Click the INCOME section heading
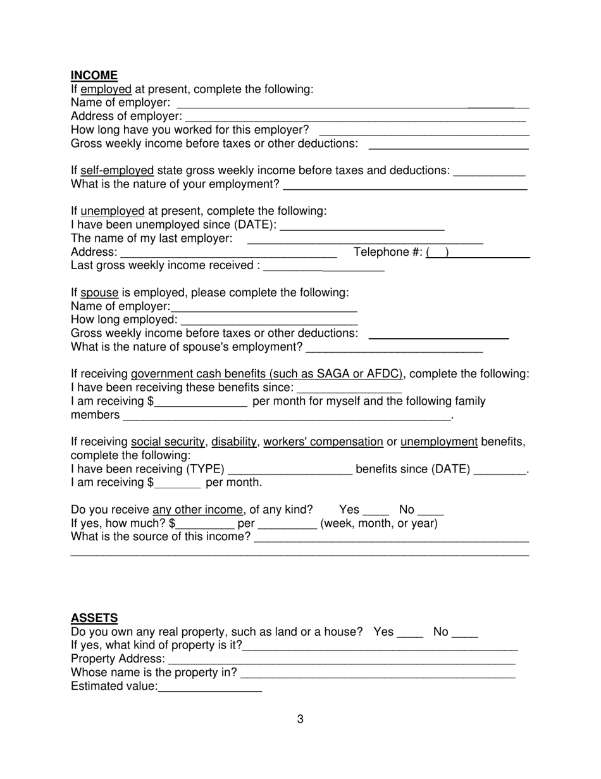point(94,75)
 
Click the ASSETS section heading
point(94,617)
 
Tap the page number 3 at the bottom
point(300,719)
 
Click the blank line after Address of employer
point(356,117)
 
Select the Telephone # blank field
point(478,253)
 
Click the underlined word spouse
point(99,293)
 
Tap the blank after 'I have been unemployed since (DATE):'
point(362,225)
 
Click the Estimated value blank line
point(210,687)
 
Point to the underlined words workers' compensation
point(323,441)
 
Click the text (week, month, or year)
point(379,524)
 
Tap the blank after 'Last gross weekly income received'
point(323,266)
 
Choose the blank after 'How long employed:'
point(269,320)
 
